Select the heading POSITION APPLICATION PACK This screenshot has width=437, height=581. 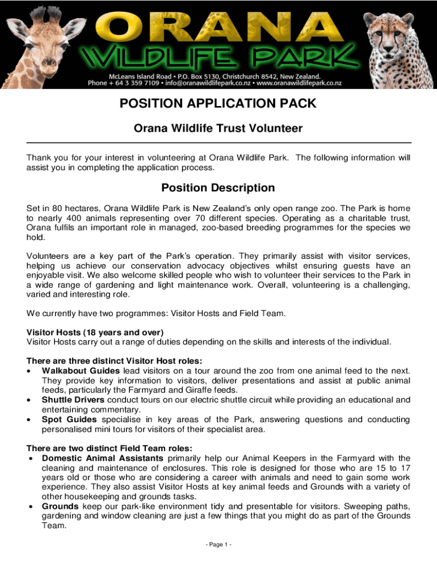coord(218,104)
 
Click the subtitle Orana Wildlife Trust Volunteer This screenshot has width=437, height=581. coord(218,129)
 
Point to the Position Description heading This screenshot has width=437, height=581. coord(218,188)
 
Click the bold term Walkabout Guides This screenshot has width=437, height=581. coord(81,371)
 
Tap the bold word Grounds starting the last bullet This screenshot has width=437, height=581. coord(60,506)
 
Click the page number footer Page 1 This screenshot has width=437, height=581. coord(218,545)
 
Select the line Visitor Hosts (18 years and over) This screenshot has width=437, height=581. coord(95,332)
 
